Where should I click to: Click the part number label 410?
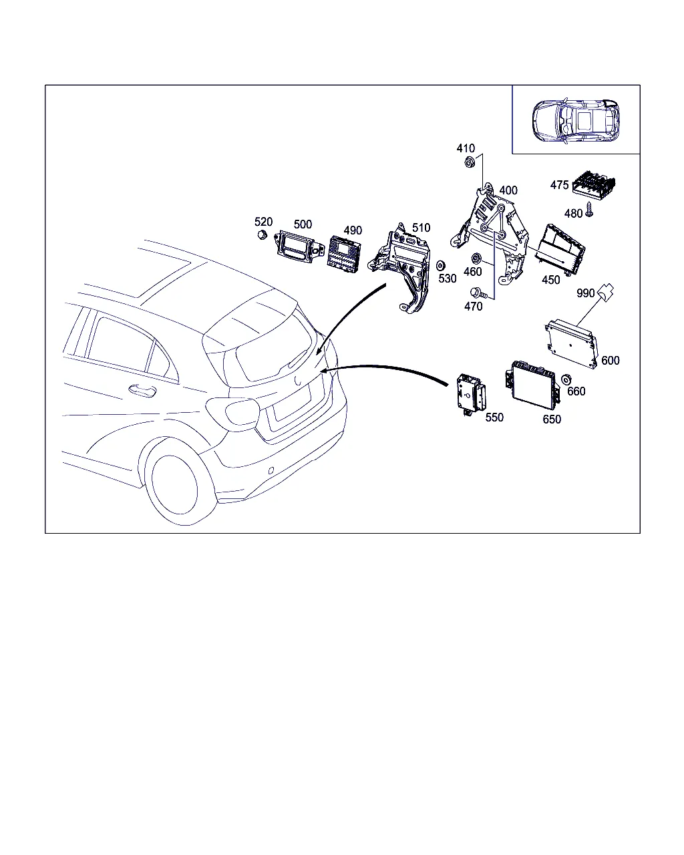466,148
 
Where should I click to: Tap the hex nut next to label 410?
470,162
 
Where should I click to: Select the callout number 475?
559,185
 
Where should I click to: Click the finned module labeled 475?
594,184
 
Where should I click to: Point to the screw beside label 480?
589,209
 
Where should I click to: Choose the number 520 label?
263,222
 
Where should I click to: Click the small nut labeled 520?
263,235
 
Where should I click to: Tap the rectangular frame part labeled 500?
298,246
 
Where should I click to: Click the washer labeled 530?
440,265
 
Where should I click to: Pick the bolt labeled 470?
478,293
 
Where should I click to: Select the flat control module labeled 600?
571,343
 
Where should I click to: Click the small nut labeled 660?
566,379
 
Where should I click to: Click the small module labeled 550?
471,395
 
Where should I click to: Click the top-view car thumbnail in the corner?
576,120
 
